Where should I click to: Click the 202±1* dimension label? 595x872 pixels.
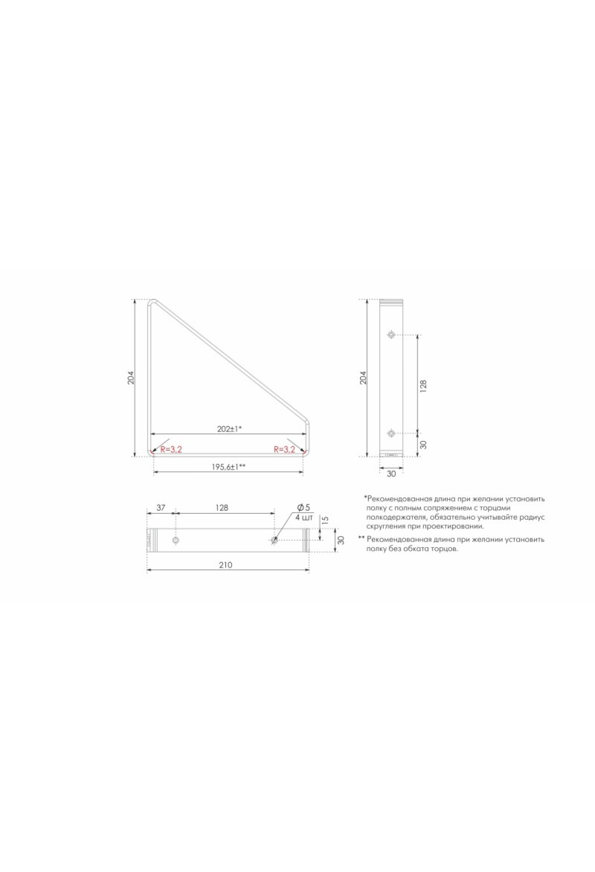(230, 429)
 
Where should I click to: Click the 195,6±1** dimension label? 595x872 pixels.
(229, 467)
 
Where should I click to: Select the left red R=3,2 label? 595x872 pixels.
(171, 449)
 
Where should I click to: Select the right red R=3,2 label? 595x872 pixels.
(285, 449)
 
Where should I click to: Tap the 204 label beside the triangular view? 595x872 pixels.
(131, 378)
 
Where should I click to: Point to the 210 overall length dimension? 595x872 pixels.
(225, 565)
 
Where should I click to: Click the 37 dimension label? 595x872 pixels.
(161, 508)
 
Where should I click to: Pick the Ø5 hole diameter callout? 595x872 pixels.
(303, 507)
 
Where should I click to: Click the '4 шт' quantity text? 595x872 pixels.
(304, 518)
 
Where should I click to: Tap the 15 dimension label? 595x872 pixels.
(325, 521)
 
